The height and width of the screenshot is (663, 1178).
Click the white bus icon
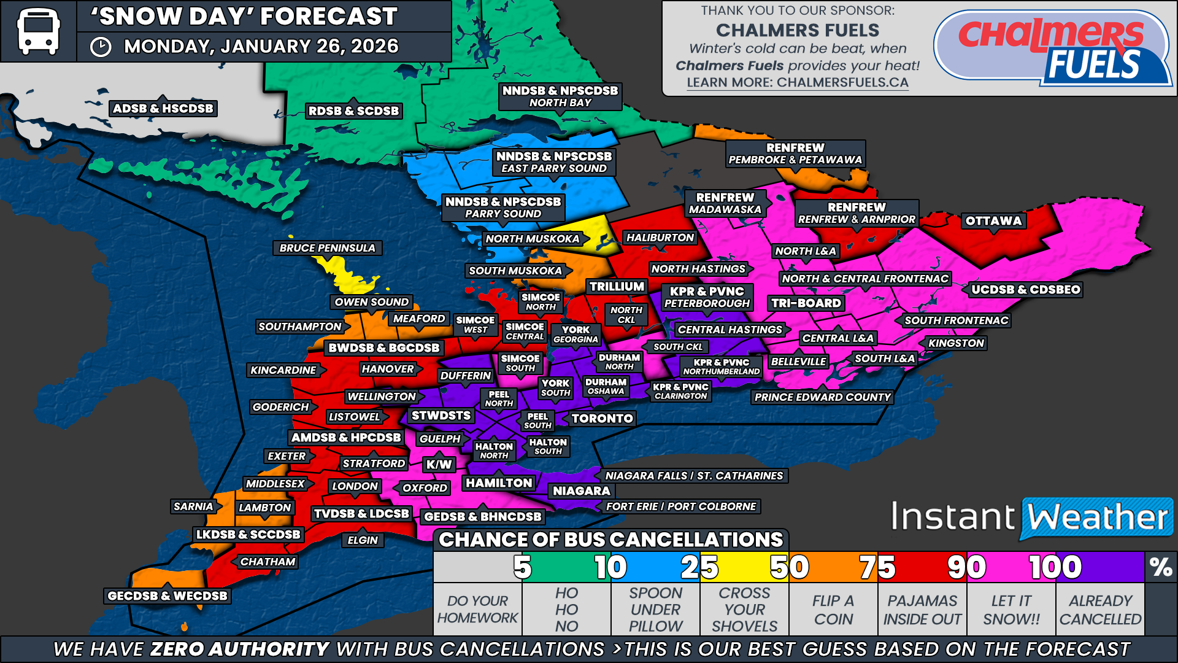(38, 31)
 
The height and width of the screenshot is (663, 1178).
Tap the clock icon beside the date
(101, 47)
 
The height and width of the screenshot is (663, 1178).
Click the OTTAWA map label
(993, 221)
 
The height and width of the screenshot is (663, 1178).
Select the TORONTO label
(602, 419)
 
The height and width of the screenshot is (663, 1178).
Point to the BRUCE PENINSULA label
(327, 248)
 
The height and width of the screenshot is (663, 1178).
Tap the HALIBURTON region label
(660, 238)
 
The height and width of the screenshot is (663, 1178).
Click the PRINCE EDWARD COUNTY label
(822, 397)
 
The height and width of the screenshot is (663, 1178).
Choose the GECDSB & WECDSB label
(167, 595)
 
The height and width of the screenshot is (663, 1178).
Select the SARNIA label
(193, 506)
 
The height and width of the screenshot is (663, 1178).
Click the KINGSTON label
(956, 343)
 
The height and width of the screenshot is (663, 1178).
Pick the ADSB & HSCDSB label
(163, 109)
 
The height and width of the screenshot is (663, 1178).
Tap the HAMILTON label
(499, 483)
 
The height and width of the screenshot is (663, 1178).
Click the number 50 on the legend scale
(790, 567)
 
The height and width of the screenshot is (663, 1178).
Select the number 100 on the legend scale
(1055, 567)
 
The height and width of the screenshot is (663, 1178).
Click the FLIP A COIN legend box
(833, 609)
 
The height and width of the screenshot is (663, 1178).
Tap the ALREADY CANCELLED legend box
(1100, 609)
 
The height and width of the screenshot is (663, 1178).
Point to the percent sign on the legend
(1160, 567)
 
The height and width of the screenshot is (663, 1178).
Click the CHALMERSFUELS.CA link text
(842, 82)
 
